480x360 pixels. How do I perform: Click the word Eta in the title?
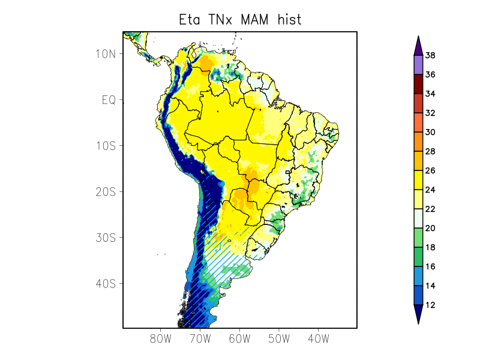[190, 20]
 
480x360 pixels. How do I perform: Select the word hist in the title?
[289, 20]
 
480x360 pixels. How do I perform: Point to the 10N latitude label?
[105, 54]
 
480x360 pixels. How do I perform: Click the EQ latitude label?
[109, 100]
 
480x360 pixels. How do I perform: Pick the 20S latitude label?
[105, 191]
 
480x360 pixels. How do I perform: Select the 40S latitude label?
[105, 283]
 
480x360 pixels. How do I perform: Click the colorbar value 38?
[430, 56]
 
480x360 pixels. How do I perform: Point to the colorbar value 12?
[430, 305]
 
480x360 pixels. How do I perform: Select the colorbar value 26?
[430, 170]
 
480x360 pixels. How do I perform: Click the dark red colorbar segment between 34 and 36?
[418, 84]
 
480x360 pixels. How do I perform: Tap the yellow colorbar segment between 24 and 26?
[418, 180]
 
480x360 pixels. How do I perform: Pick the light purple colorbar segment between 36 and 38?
[418, 65]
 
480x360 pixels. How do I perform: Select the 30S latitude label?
[105, 238]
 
